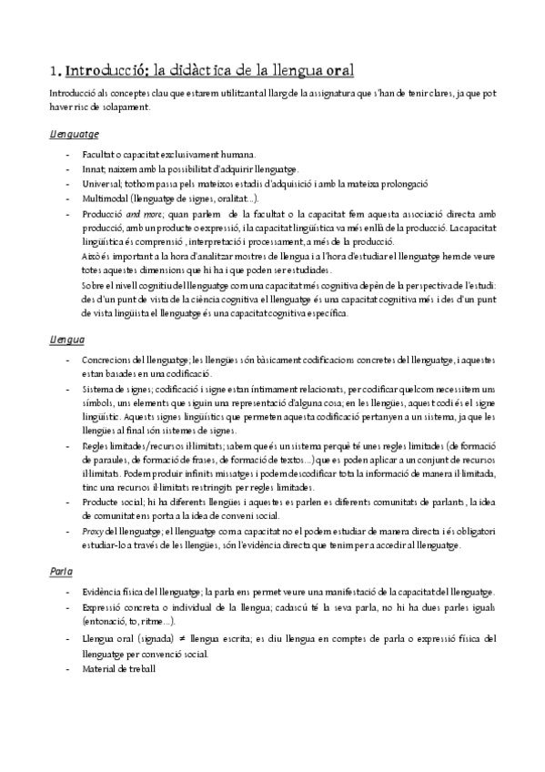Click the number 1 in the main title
pos(54,70)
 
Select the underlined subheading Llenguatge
pos(75,134)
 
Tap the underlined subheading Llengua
pos(67,339)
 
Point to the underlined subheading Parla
pos(62,571)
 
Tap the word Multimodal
pos(104,198)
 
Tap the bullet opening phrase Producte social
pos(110,503)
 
